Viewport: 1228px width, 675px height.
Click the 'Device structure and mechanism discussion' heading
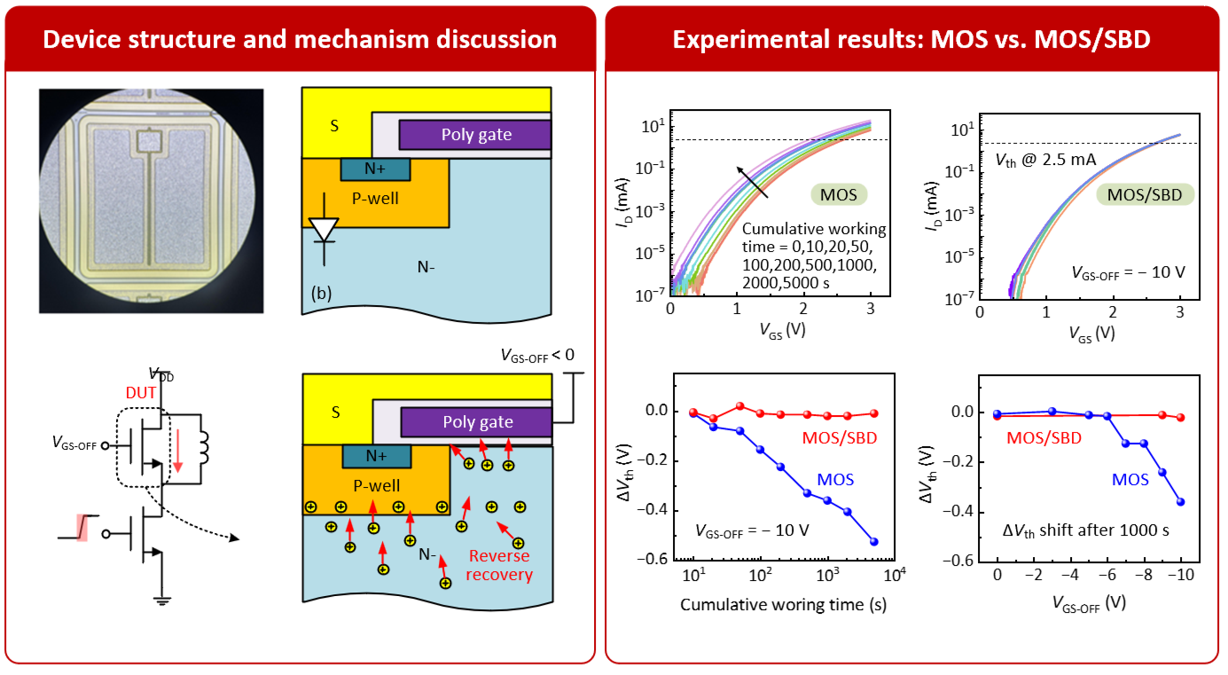(300, 40)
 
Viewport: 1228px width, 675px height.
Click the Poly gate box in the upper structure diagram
(475, 135)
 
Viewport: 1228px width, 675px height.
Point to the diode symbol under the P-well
(325, 231)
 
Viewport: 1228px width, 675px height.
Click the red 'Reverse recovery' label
(499, 565)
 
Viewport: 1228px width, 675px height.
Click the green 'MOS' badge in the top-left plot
(839, 195)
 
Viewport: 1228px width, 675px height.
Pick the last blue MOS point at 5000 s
(873, 542)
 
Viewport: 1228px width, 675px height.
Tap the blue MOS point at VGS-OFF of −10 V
(1180, 502)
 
